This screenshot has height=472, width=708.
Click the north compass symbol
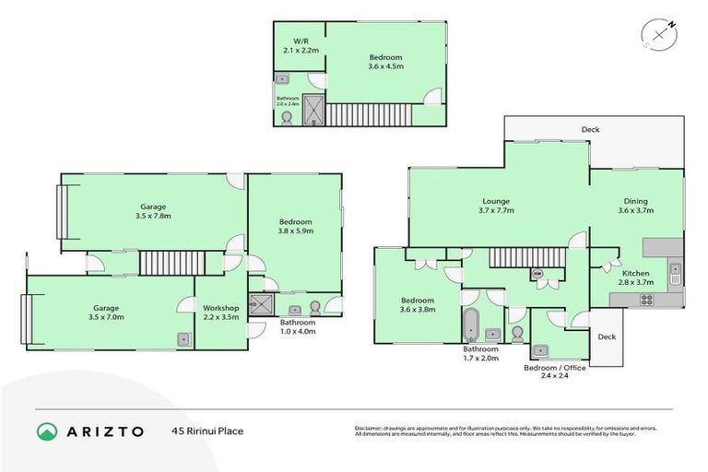tap(660, 34)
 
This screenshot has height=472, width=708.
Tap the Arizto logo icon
tap(47, 431)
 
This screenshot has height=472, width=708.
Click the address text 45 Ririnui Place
tap(206, 431)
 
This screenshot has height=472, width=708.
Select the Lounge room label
tap(495, 201)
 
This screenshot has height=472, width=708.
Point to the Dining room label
tap(635, 201)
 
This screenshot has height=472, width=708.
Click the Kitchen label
tap(635, 274)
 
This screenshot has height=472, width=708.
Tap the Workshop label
tap(221, 307)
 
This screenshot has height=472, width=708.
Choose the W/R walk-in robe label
tap(301, 42)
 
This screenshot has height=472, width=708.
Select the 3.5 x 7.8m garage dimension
tap(153, 216)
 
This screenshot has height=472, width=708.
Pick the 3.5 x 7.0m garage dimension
tap(105, 317)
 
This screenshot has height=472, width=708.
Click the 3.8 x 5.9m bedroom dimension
tap(296, 231)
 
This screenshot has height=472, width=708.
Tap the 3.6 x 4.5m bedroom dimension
tap(384, 67)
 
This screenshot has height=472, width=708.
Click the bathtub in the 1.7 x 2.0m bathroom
tap(470, 324)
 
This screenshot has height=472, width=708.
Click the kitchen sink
tap(675, 272)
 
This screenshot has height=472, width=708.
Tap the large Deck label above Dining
tap(590, 130)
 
